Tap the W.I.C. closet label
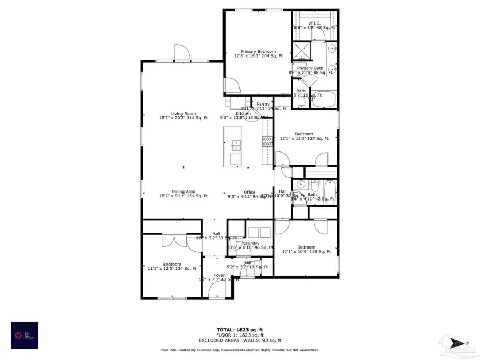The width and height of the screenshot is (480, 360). click(x=314, y=23)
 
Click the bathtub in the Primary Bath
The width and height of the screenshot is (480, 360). click(x=324, y=99)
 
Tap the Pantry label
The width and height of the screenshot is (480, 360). click(x=263, y=105)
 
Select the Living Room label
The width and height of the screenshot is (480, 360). click(x=183, y=114)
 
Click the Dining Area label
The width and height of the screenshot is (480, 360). click(x=183, y=192)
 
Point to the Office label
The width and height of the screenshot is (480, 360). click(x=250, y=193)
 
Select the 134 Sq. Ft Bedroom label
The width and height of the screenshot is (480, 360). click(x=172, y=265)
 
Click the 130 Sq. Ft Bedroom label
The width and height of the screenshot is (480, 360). click(x=306, y=247)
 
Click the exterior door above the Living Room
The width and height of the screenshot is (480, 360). click(x=181, y=53)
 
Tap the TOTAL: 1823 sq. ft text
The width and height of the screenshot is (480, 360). click(x=239, y=330)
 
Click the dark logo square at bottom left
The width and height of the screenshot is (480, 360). click(x=25, y=335)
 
